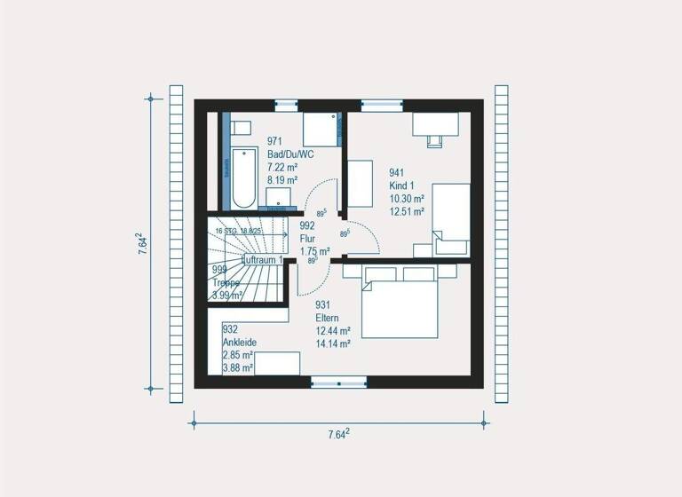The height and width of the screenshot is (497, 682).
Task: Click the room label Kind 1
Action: coord(402,185)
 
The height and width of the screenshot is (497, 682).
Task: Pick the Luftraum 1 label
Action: coord(262,260)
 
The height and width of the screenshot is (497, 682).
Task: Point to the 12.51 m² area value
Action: coord(407,211)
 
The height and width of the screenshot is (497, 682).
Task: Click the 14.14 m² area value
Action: coord(333,343)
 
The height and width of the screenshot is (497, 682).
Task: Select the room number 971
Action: coord(274,141)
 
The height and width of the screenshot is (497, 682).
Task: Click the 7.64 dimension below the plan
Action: coord(338,434)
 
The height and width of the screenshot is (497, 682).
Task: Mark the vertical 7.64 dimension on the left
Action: coord(142,245)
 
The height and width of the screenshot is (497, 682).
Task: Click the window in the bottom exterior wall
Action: coord(338,383)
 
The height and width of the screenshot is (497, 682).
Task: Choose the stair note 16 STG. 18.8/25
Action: coord(239,231)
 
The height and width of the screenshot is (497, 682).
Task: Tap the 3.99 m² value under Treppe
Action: coord(230,295)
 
